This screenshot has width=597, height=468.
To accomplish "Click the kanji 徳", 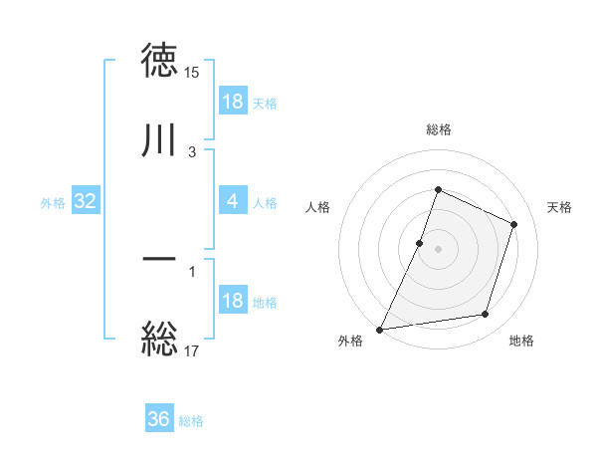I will pos(160,61).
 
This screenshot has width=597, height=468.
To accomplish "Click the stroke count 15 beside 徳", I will pos(192,73).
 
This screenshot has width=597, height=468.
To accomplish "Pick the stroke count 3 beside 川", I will pos(192,152).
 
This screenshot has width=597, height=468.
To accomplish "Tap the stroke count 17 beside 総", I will pos(192,351).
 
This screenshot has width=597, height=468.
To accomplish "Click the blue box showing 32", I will pos(86,202).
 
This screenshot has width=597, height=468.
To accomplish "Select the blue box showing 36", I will pos(159,420).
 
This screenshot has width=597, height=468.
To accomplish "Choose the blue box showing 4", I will pos(233,202).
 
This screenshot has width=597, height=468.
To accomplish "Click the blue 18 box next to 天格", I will pos(233,103).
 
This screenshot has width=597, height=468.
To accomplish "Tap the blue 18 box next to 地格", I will pos(233,302).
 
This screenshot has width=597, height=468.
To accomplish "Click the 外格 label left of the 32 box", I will pos(53,203).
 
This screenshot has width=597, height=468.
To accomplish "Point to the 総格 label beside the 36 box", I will pos(191,421).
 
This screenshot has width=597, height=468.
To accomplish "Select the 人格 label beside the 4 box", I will pos(265,203).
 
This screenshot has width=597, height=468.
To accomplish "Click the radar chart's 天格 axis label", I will pos(559,207).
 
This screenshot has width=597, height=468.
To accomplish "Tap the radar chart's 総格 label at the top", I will pos(439,129).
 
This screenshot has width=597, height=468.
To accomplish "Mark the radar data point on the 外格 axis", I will pos(380,330).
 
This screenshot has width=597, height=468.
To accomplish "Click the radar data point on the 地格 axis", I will pos(486,315).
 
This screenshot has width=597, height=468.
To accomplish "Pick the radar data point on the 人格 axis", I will pos(420,243).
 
